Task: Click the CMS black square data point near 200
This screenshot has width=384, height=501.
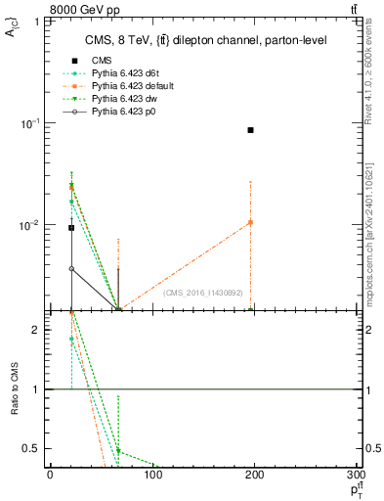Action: click(251, 130)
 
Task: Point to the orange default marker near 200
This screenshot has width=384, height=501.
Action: click(251, 222)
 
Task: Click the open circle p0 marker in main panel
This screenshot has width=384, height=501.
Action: click(71, 268)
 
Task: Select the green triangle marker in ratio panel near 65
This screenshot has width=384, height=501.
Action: click(118, 451)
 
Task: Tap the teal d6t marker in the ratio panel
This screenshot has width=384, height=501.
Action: click(71, 339)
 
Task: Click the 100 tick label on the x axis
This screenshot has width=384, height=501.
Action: click(151, 477)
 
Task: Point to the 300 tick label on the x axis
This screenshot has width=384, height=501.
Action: click(355, 477)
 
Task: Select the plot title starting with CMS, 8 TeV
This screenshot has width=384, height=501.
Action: click(204, 40)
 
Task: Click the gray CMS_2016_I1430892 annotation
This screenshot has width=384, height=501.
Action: click(205, 292)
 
